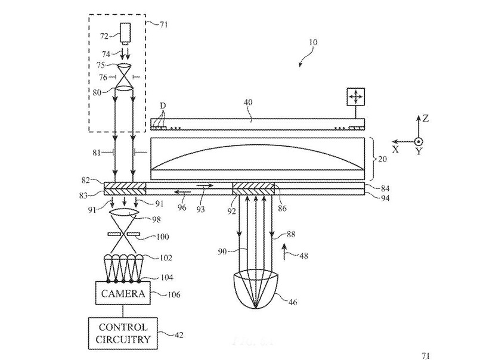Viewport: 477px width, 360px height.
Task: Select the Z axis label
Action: coord(425,119)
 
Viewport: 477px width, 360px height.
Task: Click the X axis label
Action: coord(394,151)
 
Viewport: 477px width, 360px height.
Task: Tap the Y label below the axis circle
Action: coord(419,153)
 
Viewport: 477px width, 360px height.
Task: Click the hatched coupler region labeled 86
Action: coord(253,189)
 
